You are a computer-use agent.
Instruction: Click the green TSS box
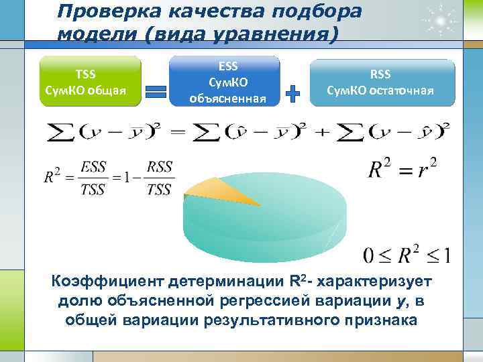click(91, 81)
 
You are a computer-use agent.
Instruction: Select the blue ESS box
click(224, 81)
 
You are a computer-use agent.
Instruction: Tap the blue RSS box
click(380, 82)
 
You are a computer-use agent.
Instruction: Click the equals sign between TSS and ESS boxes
click(156, 93)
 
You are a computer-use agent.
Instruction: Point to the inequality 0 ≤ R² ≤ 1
click(407, 255)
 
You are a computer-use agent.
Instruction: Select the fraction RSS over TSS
click(159, 178)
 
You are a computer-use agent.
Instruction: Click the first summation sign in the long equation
click(61, 131)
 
